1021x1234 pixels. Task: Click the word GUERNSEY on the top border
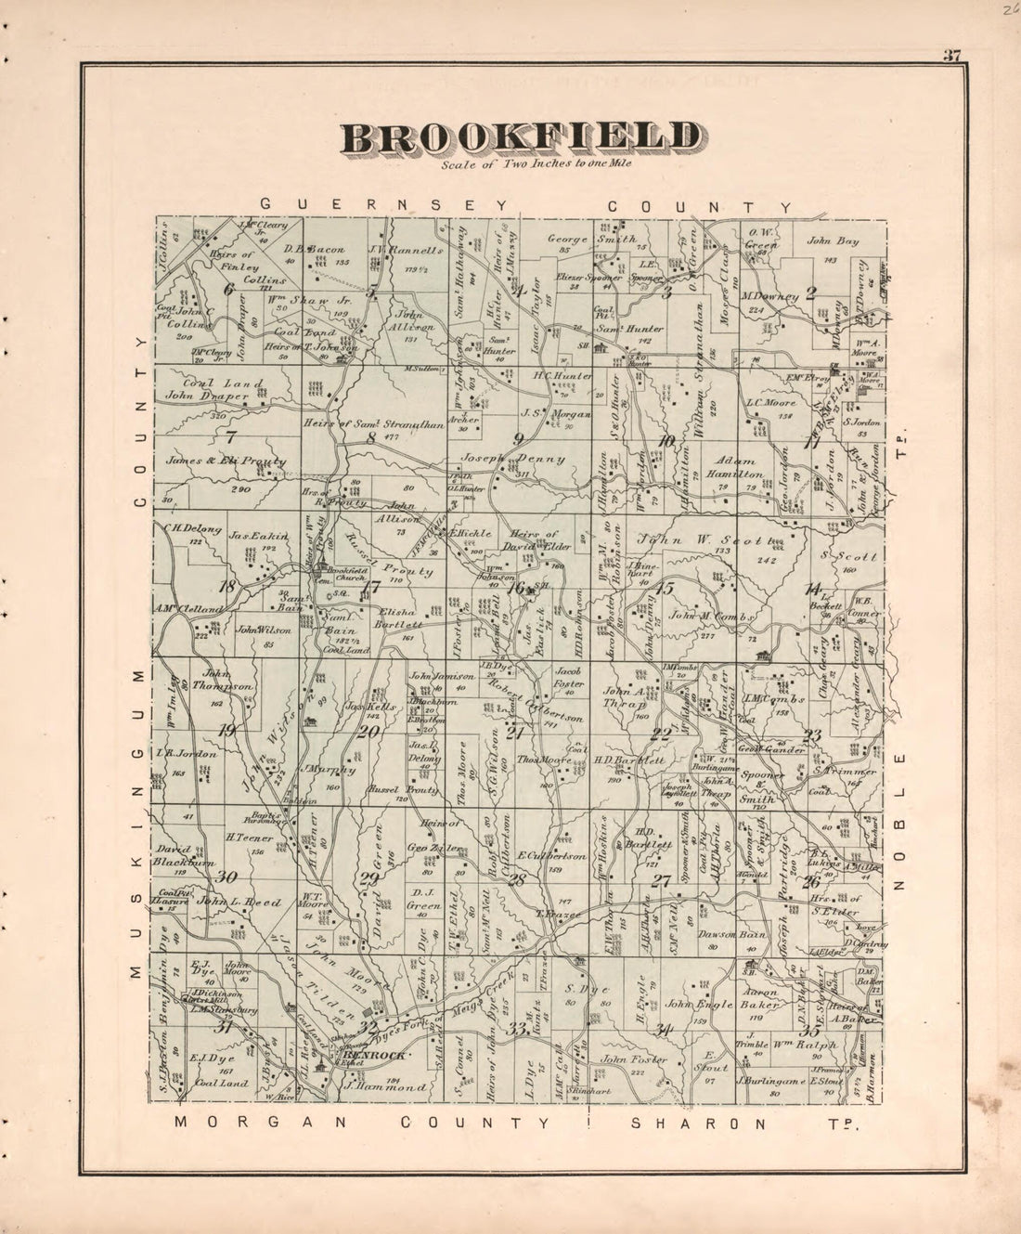pyautogui.click(x=384, y=205)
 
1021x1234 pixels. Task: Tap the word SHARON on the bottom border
pyautogui.click(x=698, y=1123)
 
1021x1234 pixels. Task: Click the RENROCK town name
pyautogui.click(x=373, y=1056)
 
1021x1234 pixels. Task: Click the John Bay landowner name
pyautogui.click(x=833, y=241)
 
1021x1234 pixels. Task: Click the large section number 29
pyautogui.click(x=369, y=879)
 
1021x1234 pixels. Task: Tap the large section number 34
pyautogui.click(x=662, y=1028)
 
